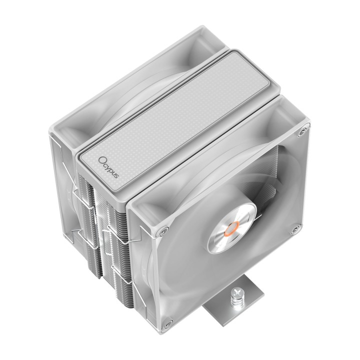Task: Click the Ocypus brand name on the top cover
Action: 109,167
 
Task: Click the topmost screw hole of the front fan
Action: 303,132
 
